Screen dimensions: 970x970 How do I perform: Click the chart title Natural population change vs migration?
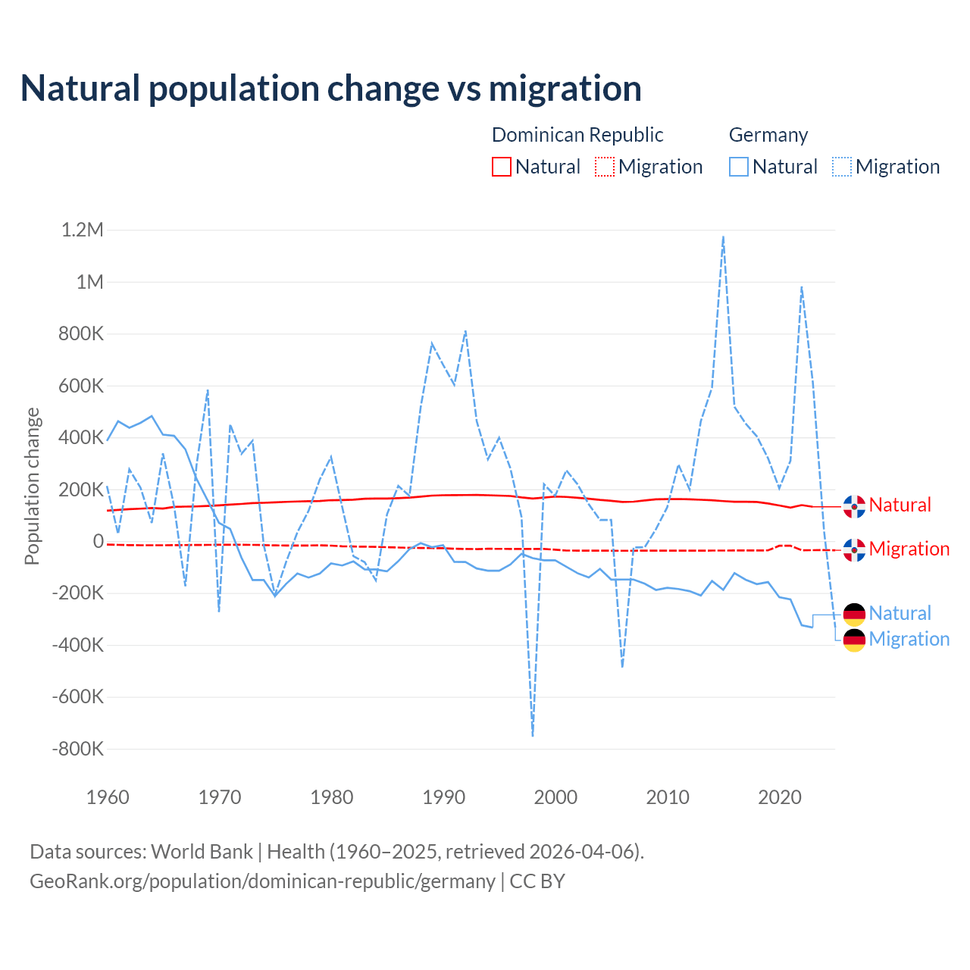coord(330,89)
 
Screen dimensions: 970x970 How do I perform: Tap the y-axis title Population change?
coord(32,486)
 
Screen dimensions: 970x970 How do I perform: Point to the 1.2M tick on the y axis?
coord(82,230)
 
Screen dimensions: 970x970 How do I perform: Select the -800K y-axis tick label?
coord(77,749)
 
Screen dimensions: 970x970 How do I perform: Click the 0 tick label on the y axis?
coord(98,541)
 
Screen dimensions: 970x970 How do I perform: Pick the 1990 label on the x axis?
coord(444,797)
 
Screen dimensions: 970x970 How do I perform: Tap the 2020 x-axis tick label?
coord(780,797)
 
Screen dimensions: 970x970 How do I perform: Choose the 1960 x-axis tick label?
coord(108,797)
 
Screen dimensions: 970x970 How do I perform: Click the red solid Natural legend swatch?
coord(502,167)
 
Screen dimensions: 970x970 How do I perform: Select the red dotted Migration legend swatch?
coord(605,167)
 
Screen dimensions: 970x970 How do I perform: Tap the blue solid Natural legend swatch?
coord(739,167)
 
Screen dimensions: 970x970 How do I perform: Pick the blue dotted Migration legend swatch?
coord(842,167)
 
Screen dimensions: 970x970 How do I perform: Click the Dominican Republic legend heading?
coord(577,135)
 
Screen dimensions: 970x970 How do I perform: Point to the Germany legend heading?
coord(768,135)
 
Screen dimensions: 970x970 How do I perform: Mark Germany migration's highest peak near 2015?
coord(724,236)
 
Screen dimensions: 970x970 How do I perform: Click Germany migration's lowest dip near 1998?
coord(533,735)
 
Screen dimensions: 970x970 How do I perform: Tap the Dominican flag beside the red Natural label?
coord(854,506)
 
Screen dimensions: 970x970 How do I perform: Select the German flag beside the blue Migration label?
coord(854,640)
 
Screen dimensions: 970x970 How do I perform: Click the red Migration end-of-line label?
coord(909,549)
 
